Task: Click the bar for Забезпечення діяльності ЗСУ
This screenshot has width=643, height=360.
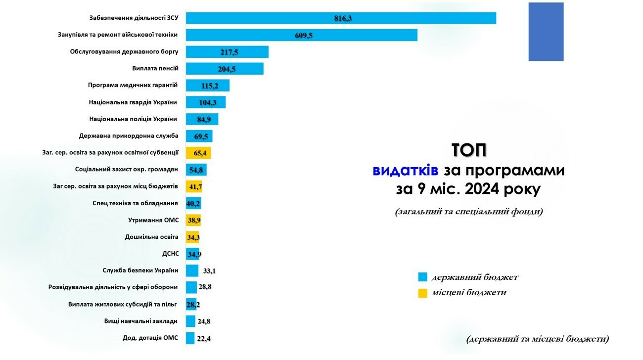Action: coord(341,18)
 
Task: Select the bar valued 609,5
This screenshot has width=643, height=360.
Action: coord(301,35)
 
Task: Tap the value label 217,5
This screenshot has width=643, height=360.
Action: coord(230,52)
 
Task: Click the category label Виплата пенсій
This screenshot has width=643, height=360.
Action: coord(155,68)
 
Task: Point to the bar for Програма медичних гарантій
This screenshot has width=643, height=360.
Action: coord(207,86)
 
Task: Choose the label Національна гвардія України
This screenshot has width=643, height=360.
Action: coord(133,102)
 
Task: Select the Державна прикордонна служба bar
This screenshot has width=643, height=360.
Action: coord(199,136)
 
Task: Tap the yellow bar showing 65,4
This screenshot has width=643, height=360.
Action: coord(198,153)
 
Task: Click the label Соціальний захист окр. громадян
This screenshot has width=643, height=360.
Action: coord(126,170)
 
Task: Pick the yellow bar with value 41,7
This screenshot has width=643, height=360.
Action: coord(194,186)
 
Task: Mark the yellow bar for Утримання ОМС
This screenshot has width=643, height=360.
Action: coord(193,220)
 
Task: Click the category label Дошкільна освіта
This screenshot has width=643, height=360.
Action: coord(151,237)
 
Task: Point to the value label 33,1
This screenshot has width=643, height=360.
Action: coord(210,271)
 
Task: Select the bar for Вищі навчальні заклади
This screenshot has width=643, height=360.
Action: coord(190,321)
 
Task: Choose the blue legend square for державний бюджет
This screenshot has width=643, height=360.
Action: coord(422,277)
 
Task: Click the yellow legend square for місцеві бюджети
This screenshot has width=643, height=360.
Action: coord(422,293)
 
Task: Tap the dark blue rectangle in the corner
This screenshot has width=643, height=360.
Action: coord(546,32)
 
